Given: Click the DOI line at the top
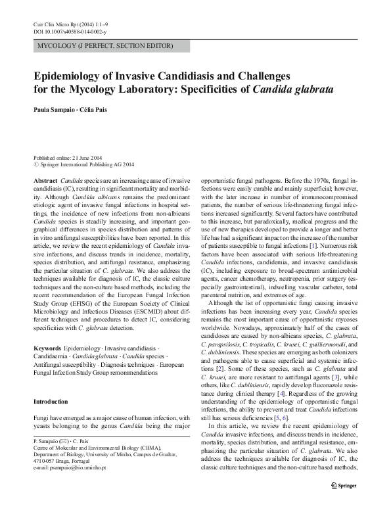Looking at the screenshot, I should point(67,32).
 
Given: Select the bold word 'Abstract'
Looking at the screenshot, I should point(45,179).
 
